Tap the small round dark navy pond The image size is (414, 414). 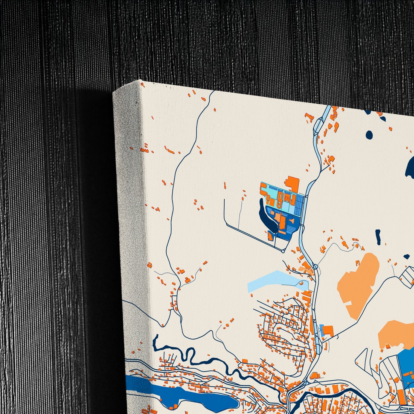(369, 134)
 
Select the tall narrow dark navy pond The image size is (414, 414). (378, 237)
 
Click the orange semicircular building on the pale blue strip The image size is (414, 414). (302, 283)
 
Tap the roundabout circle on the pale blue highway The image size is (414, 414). (315, 267)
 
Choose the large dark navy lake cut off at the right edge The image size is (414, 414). (410, 166)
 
